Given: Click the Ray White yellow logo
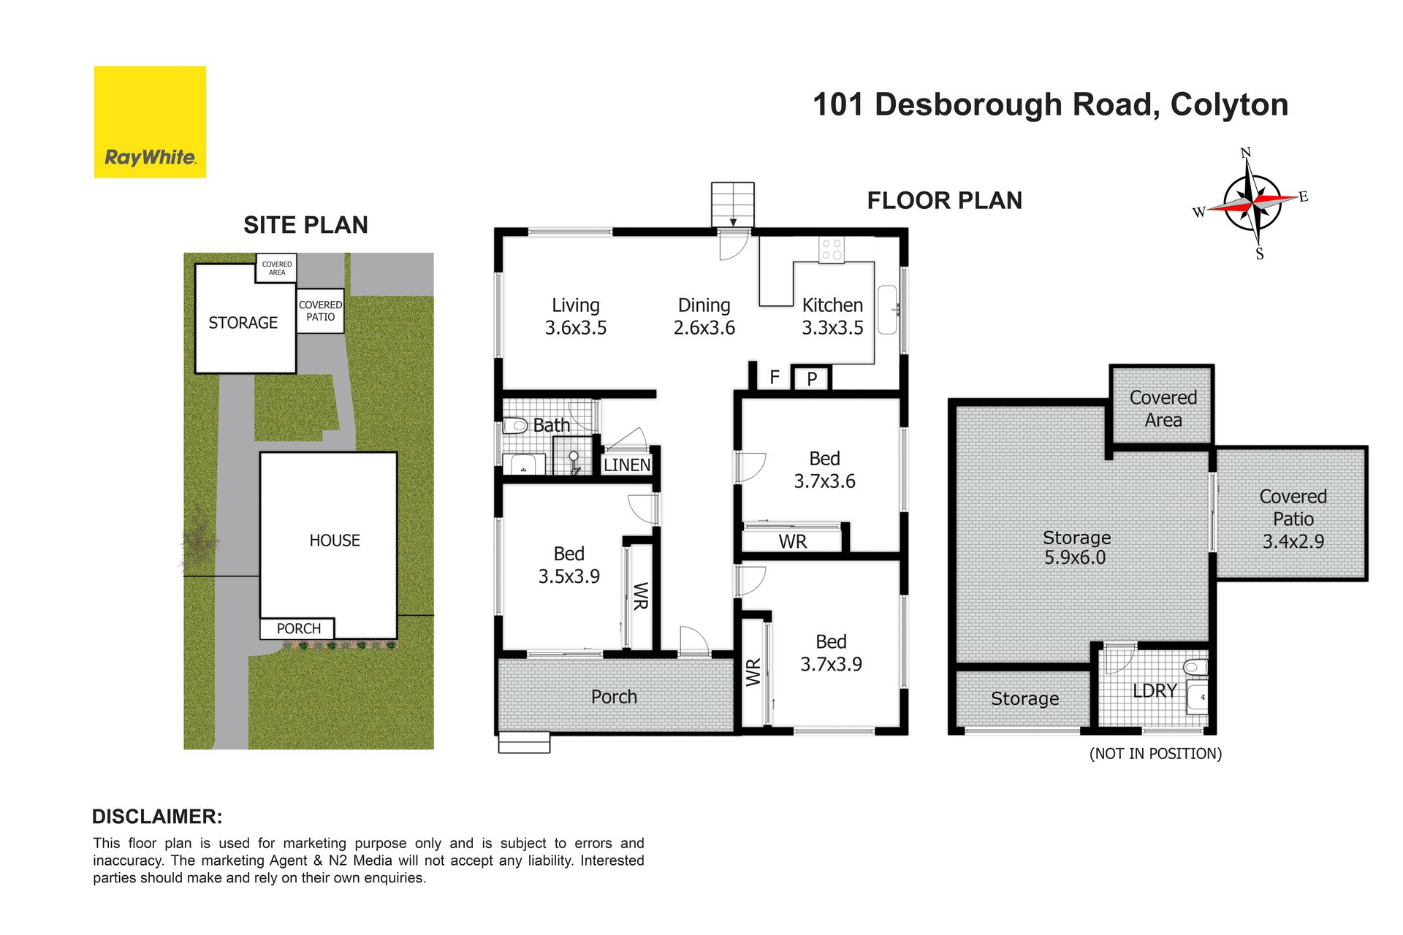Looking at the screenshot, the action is click(x=150, y=122).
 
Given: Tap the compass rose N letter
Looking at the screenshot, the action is click(x=1246, y=153).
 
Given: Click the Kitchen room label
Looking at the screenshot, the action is click(x=832, y=305).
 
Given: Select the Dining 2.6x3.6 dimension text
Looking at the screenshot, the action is click(x=704, y=328).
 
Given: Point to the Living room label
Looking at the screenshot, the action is click(x=576, y=305).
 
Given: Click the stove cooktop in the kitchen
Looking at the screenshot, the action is click(x=832, y=250).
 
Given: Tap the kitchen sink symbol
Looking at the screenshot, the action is click(x=887, y=310).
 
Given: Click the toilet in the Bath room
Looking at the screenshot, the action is click(x=515, y=425).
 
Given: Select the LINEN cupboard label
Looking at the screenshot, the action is click(x=627, y=465).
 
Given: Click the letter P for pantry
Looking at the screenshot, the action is click(x=812, y=379).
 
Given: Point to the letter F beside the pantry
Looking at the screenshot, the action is click(x=775, y=377).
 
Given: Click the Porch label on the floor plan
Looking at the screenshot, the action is click(x=614, y=697).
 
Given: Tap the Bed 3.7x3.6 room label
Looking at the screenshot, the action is click(x=825, y=470).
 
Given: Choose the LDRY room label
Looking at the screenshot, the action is click(x=1155, y=690).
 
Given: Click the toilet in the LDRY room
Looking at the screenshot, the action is click(x=1195, y=667).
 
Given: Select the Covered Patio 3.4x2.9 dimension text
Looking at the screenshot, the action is click(x=1293, y=541).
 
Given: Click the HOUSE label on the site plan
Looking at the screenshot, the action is click(x=335, y=541).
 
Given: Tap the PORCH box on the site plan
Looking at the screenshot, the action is click(x=297, y=628).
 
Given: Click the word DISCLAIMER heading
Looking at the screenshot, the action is click(x=157, y=817).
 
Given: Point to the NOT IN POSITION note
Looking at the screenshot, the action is click(x=1155, y=754).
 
